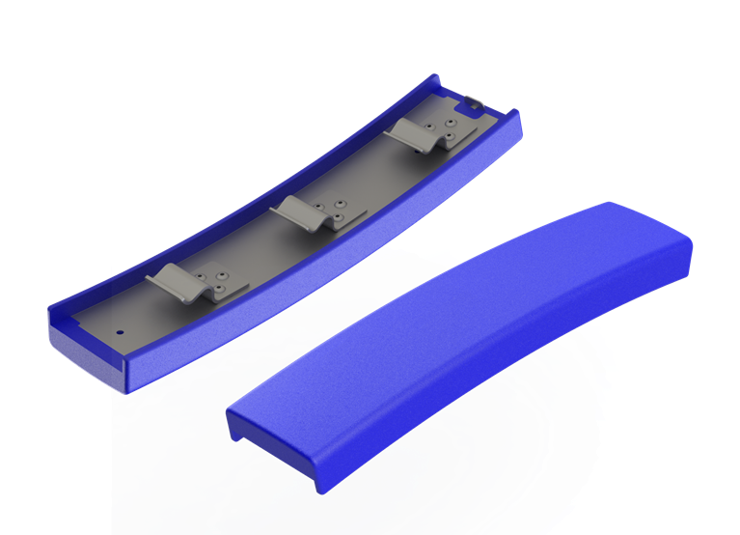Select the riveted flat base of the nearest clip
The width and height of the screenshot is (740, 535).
pos(213,286)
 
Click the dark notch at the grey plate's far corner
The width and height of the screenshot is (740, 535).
pos(472,99)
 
